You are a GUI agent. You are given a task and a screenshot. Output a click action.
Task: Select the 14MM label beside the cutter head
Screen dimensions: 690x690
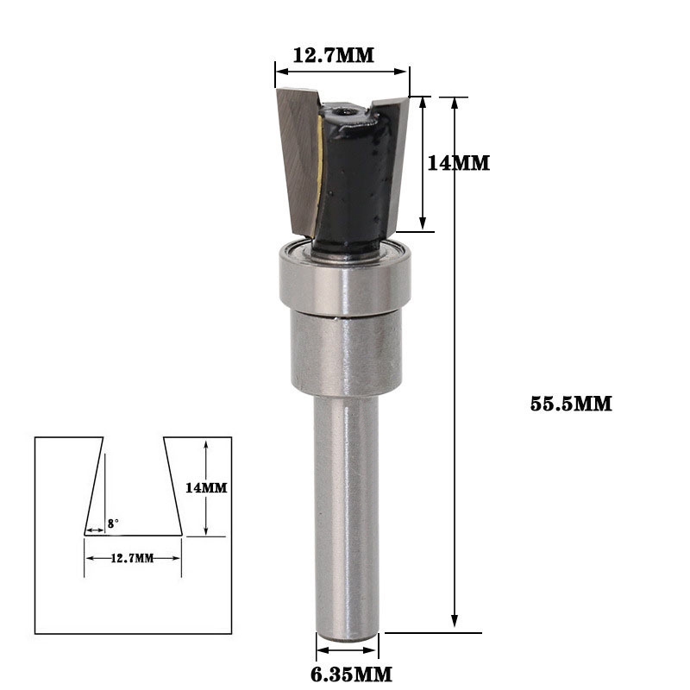tap(458, 161)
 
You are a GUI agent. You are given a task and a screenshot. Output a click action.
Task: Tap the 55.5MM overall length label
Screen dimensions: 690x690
tap(571, 403)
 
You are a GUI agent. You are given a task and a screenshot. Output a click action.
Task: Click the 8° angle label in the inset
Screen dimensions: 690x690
tap(113, 523)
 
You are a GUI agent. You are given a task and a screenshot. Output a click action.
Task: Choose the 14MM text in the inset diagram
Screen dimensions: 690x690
tap(206, 487)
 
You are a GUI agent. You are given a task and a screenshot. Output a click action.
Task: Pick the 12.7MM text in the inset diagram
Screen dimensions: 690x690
tap(133, 558)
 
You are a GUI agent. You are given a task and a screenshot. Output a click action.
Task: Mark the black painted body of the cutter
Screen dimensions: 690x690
tap(349, 181)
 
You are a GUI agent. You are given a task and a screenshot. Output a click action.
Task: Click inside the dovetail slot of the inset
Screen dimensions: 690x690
tap(133, 492)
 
